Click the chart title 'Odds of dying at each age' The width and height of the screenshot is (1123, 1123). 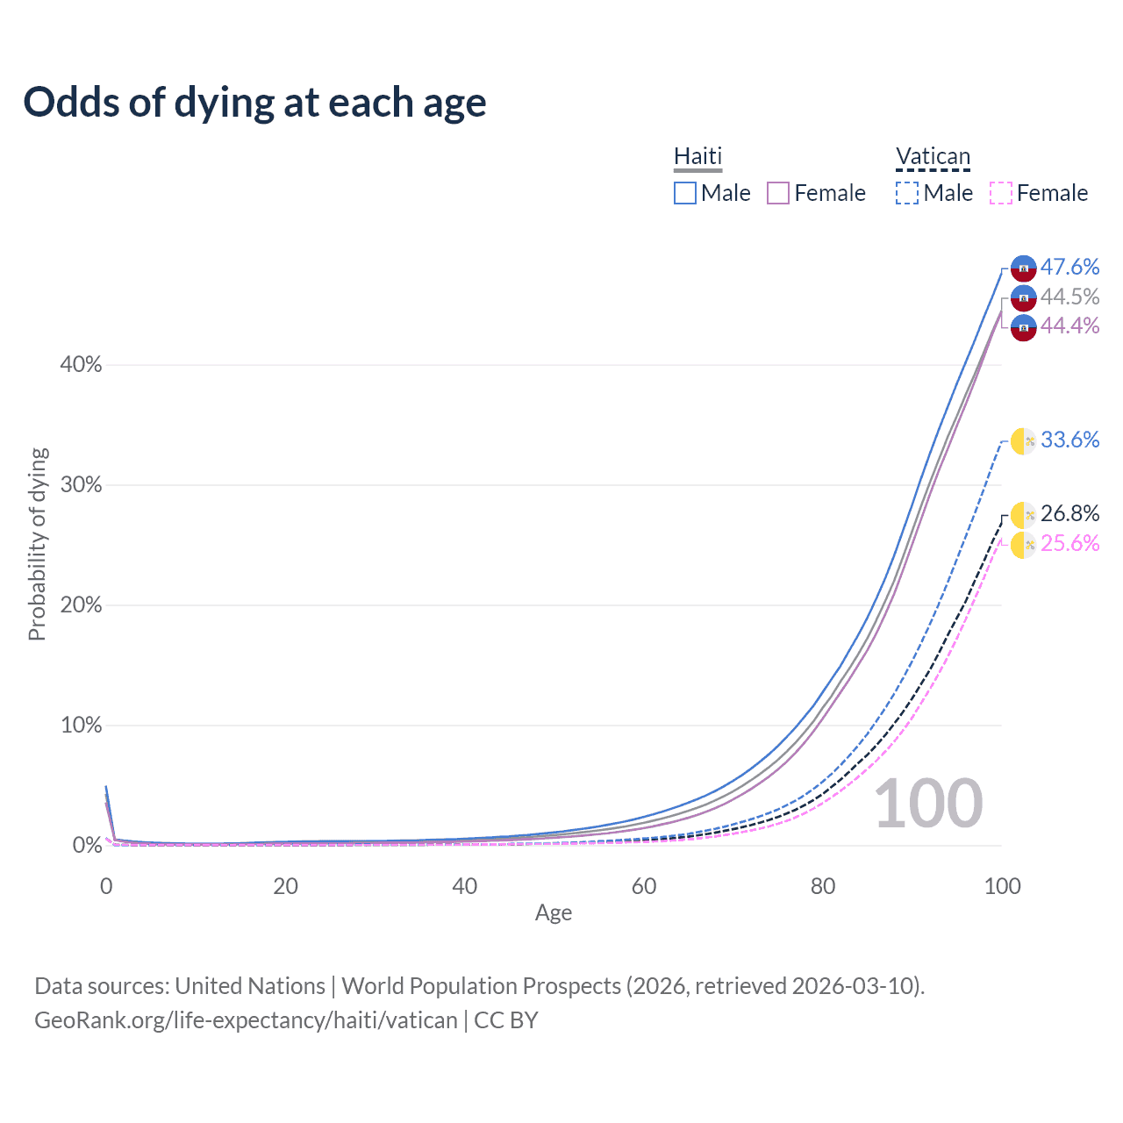click(254, 103)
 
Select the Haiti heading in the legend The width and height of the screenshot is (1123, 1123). click(697, 156)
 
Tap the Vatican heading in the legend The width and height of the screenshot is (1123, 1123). click(933, 157)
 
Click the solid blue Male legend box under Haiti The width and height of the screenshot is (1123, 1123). click(685, 193)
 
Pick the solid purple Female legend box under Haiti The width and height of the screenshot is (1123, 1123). click(778, 193)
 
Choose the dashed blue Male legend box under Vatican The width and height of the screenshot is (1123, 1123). click(907, 193)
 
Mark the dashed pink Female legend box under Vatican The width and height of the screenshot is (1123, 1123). click(1001, 193)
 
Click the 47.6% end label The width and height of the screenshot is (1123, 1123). click(1069, 267)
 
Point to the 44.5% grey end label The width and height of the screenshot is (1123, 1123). click(1069, 297)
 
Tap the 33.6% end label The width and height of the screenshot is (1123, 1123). click(1069, 440)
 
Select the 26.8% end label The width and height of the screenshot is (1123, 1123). click(1069, 513)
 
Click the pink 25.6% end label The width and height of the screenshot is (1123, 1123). click(1069, 543)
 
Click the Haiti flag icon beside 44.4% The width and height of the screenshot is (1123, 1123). click(1023, 327)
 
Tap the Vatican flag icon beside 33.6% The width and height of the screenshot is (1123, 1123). click(1023, 441)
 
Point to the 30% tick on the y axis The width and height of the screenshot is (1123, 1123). click(81, 485)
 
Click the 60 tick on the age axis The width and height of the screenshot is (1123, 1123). click(644, 886)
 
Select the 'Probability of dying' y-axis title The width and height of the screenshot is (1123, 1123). click(37, 544)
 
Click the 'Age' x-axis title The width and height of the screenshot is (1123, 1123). click(554, 912)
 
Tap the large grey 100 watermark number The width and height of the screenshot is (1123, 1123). click(928, 804)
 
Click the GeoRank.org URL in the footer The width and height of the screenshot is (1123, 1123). click(246, 1020)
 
